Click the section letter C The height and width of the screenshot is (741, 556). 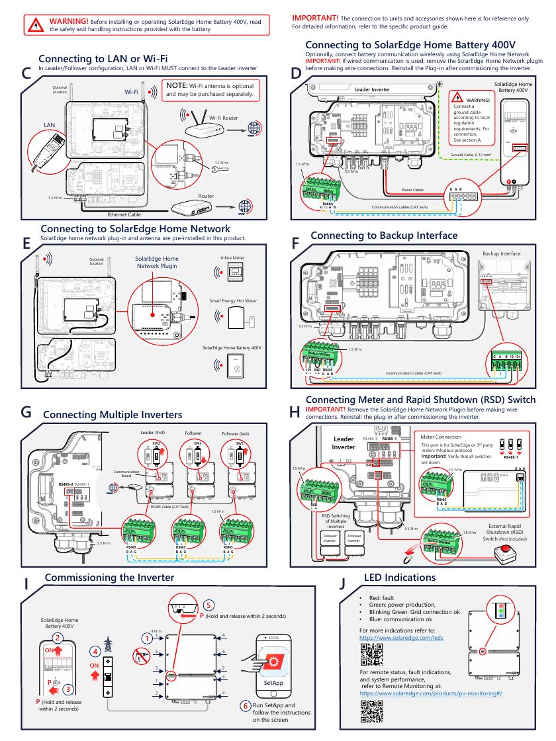click(x=26, y=75)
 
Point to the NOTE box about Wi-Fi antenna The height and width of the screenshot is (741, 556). click(x=214, y=90)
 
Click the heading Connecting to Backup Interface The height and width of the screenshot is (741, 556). click(x=384, y=236)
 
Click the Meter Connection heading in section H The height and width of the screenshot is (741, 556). click(x=441, y=437)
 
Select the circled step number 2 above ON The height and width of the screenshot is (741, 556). click(x=58, y=638)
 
